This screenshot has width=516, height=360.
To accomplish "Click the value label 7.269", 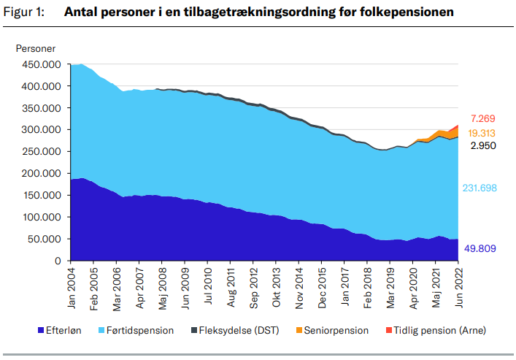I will pos(483,118).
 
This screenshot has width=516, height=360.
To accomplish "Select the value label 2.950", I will pos(482,147).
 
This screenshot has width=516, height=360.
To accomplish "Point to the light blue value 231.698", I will pos(480,188).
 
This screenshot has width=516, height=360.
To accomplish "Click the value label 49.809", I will pos(480,249).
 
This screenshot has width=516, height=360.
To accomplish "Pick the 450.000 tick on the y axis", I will pos(41,64).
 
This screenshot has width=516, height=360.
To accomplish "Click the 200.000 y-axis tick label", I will pos(41,174).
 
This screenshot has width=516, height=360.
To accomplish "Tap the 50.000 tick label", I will pos(43,240).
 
